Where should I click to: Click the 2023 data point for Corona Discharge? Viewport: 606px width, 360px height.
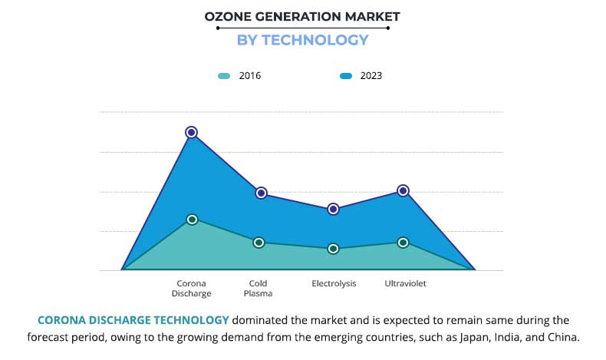(x=192, y=132)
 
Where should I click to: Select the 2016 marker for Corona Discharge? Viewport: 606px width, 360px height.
(x=193, y=220)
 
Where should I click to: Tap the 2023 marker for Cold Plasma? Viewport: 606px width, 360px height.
(x=261, y=193)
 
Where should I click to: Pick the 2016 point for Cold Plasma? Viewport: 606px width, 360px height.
(x=259, y=243)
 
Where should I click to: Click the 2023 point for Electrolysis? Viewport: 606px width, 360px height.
(x=334, y=209)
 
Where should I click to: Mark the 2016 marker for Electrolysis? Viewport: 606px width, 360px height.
(x=334, y=249)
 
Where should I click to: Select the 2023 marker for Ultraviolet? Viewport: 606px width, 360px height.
(x=403, y=190)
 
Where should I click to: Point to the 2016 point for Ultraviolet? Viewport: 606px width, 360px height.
(x=403, y=243)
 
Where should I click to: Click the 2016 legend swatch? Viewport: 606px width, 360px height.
(x=224, y=76)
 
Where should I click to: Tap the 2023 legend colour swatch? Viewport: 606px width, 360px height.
(x=346, y=76)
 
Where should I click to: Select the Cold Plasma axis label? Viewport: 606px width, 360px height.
(x=259, y=288)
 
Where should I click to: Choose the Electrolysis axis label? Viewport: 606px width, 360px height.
(x=334, y=283)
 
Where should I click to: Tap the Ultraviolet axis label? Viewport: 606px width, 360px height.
(x=405, y=283)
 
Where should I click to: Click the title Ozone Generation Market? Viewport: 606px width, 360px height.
(x=302, y=16)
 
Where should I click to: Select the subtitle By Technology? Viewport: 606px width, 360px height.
(x=302, y=40)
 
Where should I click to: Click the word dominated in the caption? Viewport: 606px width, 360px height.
(x=259, y=320)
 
